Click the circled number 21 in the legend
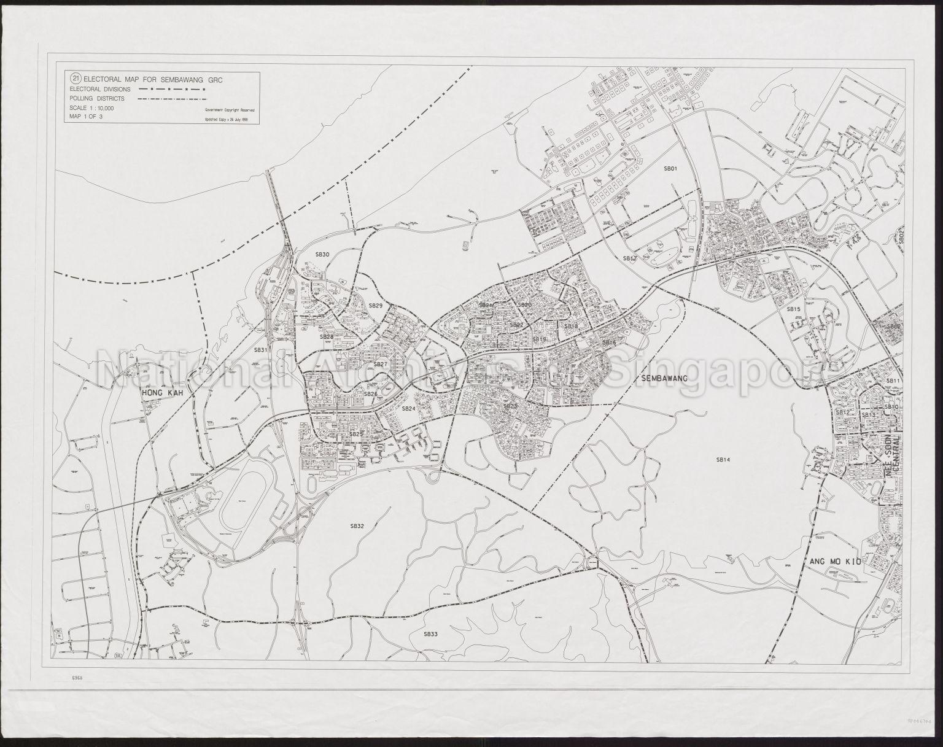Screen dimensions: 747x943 76,78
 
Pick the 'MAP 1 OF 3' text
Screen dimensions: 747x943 85,116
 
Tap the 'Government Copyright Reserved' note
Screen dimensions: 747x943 231,109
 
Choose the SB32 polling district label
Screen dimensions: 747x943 357,526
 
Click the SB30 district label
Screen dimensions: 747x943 322,254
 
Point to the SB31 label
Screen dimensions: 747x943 262,350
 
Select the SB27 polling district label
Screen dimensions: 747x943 380,364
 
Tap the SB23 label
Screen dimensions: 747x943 510,406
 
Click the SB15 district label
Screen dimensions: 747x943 794,309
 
